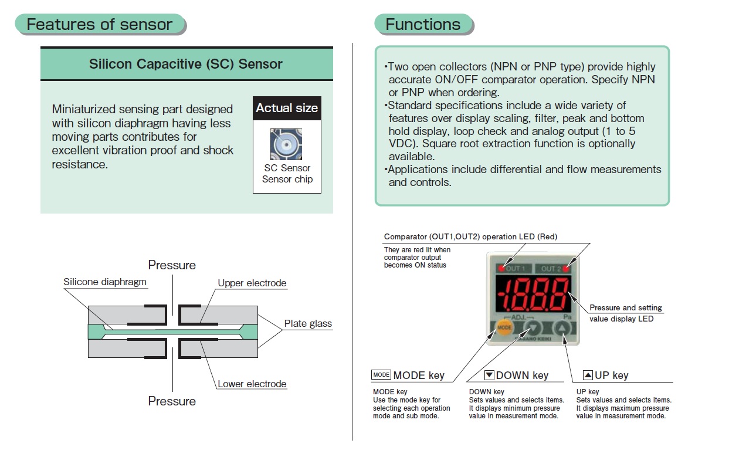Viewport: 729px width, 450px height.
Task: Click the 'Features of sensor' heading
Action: [100, 25]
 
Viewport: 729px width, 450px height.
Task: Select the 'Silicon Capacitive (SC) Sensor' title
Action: [186, 64]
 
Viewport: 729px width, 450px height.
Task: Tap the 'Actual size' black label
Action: [287, 109]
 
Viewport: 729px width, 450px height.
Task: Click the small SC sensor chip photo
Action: [286, 144]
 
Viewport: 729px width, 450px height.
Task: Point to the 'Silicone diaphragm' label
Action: [105, 282]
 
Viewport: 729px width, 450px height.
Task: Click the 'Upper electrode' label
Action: [252, 283]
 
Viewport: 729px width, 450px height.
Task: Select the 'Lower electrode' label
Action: [252, 384]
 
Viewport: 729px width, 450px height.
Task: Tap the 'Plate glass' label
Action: [308, 324]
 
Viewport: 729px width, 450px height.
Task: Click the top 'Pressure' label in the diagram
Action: [172, 265]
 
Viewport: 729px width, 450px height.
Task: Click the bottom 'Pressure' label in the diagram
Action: [172, 401]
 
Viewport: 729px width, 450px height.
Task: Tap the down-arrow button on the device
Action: [533, 328]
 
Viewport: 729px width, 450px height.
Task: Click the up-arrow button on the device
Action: [561, 328]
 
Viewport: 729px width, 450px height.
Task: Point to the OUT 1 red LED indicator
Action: [503, 269]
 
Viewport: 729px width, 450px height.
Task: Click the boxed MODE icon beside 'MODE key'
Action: [381, 375]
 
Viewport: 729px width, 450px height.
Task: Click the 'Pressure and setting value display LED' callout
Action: [625, 313]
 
